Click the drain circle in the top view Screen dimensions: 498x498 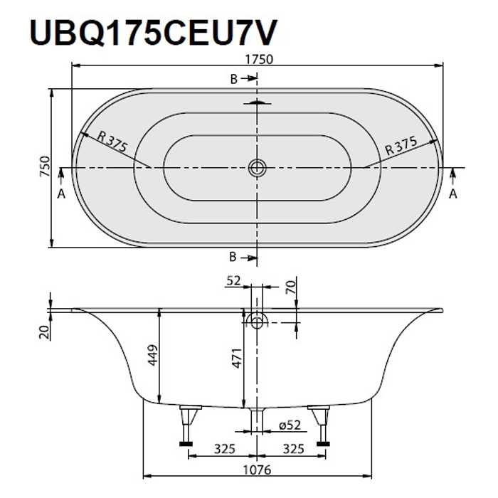tap(257, 168)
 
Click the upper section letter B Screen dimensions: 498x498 tap(233, 79)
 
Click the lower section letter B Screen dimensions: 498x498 tap(233, 257)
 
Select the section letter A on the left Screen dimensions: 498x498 tap(61, 193)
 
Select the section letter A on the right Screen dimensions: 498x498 tap(453, 193)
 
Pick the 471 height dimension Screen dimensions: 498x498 tap(236, 354)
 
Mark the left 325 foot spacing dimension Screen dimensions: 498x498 tap(225, 449)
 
